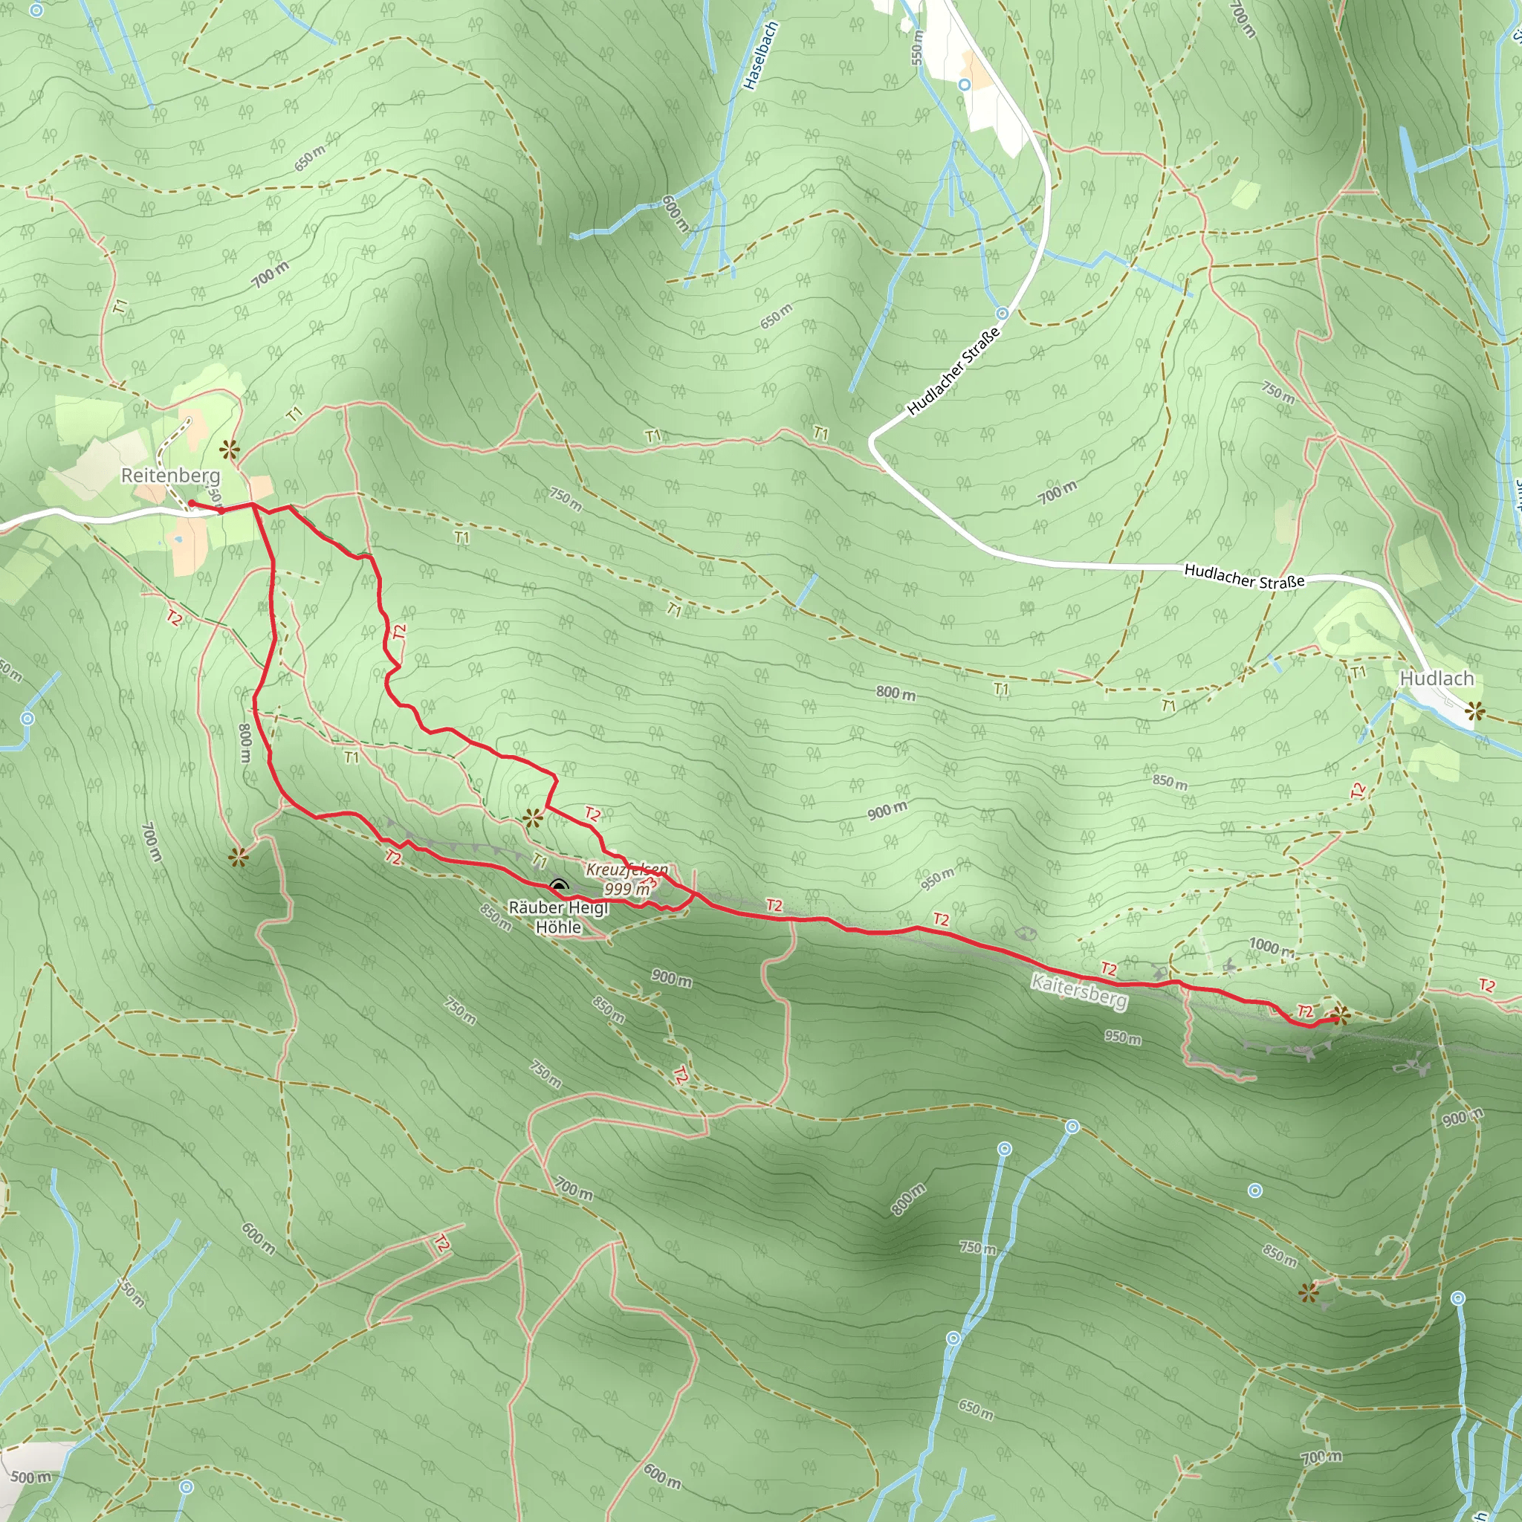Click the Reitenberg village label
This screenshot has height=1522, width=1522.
pos(170,475)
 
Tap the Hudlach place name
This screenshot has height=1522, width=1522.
pos(1436,679)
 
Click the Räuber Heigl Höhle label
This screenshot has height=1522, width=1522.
pos(559,918)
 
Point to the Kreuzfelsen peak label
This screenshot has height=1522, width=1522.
pos(626,870)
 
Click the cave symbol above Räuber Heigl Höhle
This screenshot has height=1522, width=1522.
pos(559,888)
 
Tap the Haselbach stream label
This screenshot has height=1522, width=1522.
pos(760,56)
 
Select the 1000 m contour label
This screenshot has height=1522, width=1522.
pos(1271,947)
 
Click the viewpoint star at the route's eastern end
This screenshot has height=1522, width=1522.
pos(1340,1016)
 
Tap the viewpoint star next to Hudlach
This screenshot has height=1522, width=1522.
pos(1474,713)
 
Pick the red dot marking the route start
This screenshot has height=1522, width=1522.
pos(192,503)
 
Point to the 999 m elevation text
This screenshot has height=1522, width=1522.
pos(627,889)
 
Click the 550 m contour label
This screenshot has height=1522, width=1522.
pos(916,48)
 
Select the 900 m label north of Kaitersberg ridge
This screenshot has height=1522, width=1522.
pos(887,811)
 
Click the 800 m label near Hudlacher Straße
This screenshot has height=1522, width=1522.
pos(896,693)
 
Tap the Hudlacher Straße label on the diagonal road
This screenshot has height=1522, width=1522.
pos(953,370)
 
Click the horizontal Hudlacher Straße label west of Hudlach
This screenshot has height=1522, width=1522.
pos(1244,577)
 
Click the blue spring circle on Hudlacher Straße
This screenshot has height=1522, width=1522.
pos(1002,314)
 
